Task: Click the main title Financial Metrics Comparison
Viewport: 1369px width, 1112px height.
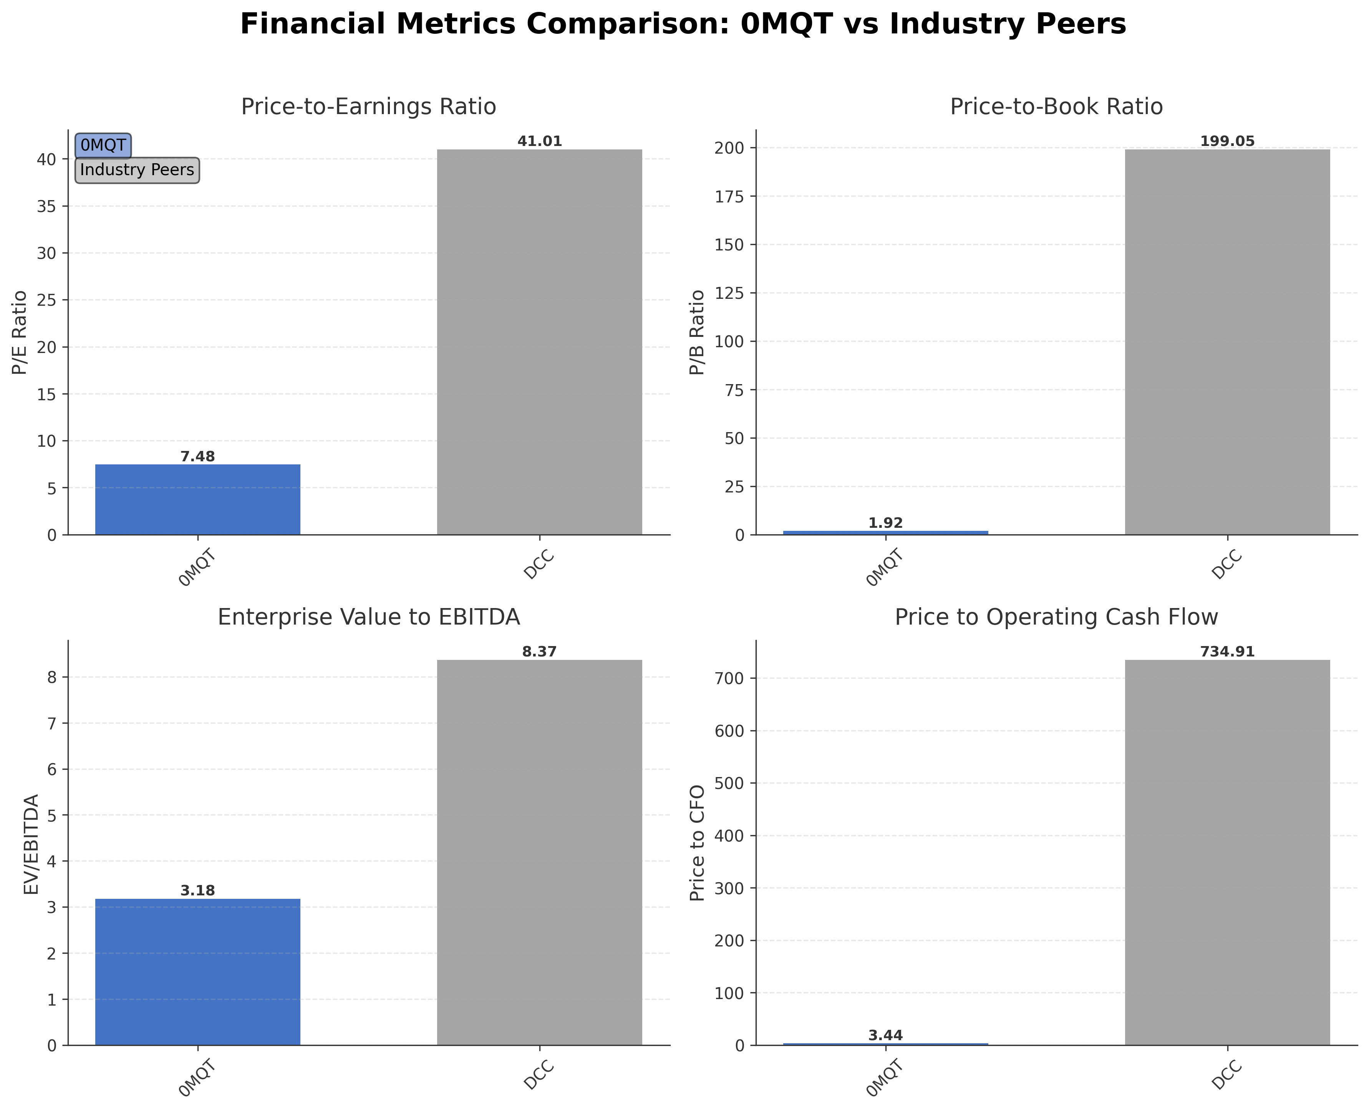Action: (x=683, y=24)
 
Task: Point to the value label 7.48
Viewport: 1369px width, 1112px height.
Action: (x=197, y=457)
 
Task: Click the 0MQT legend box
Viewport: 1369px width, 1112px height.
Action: (x=103, y=146)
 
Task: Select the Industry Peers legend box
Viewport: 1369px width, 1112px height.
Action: (x=137, y=170)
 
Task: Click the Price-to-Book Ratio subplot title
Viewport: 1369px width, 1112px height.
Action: (x=1056, y=106)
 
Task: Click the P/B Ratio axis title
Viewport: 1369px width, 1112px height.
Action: (x=697, y=332)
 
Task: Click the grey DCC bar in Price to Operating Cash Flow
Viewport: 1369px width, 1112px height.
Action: (x=1227, y=852)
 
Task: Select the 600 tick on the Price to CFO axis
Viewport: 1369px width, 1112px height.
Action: (x=730, y=731)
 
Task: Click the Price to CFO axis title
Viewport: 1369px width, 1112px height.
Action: (x=697, y=842)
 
